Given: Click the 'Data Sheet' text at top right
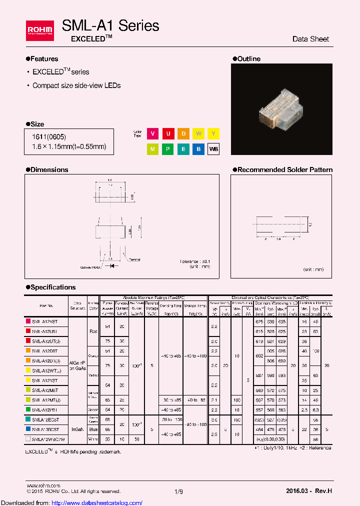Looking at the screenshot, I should pyautogui.click(x=310, y=39).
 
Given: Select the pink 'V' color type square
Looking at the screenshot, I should pyautogui.click(x=152, y=133).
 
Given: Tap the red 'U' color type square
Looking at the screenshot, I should pyautogui.click(x=168, y=133).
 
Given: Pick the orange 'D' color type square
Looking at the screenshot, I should pyautogui.click(x=183, y=133).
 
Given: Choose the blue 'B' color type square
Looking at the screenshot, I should pyautogui.click(x=198, y=149).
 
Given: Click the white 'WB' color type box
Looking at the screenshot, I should pyautogui.click(x=213, y=149).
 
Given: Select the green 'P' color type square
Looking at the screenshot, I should pyautogui.click(x=168, y=149).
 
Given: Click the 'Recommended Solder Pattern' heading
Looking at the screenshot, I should pyautogui.click(x=284, y=170).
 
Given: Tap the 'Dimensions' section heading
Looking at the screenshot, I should pyautogui.click(x=49, y=170).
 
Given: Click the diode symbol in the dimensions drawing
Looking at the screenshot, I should pyautogui.click(x=110, y=266).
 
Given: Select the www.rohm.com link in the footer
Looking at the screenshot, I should pyautogui.click(x=43, y=485).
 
